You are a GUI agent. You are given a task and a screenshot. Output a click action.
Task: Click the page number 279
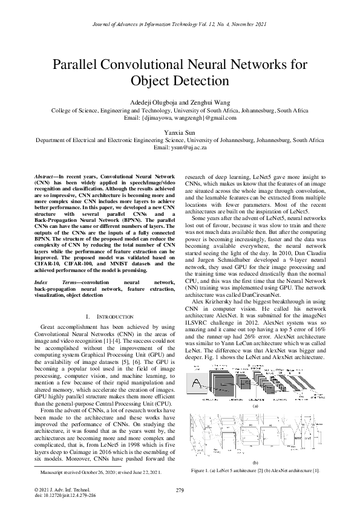pos(180,489)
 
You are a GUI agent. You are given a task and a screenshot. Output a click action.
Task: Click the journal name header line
pos(180,24)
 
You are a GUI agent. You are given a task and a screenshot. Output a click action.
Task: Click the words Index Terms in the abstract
pos(51,282)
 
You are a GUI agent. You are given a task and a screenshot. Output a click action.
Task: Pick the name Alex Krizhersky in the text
pos(214,300)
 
